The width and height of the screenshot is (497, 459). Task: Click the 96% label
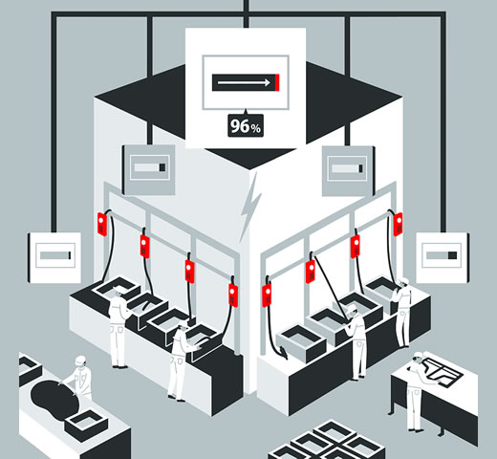coord(246,126)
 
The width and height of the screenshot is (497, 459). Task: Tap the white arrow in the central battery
coord(244,83)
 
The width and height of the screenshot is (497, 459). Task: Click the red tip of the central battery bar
coord(277,82)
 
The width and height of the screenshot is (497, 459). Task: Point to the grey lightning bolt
coord(250,208)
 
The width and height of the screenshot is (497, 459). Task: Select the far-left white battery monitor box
coord(54,257)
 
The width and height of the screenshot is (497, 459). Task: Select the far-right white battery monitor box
coord(442,257)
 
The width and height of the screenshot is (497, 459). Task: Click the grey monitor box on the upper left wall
coord(149,169)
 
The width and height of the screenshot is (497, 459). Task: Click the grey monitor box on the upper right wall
coord(348,170)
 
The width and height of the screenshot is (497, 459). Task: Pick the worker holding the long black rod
coord(357,342)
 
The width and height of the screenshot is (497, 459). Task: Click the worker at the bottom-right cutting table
coord(415,391)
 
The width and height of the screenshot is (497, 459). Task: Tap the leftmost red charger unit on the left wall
coord(102,224)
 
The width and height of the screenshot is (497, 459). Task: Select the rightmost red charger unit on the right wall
coord(398,224)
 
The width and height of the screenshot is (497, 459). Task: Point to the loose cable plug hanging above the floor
coord(282,352)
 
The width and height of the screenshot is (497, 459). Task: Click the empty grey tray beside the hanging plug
coord(301,343)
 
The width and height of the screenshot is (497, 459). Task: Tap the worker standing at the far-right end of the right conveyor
coord(402,313)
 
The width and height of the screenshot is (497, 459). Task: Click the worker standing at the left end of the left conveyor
coord(119,328)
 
